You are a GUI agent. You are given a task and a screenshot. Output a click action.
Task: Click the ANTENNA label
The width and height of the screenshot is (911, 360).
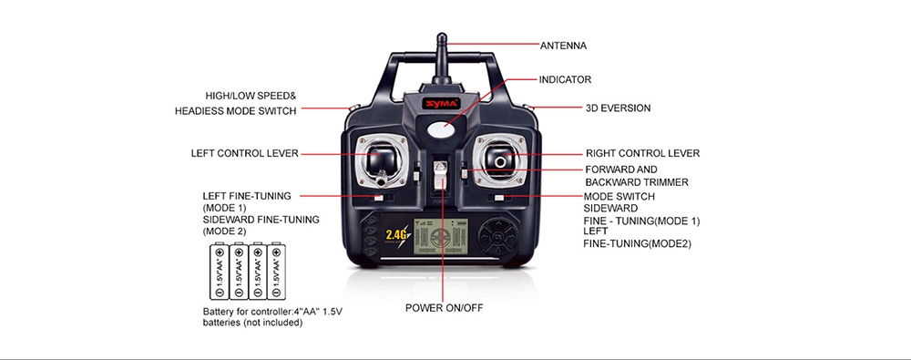click(563, 46)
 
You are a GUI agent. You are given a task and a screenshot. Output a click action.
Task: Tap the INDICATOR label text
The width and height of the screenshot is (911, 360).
click(565, 79)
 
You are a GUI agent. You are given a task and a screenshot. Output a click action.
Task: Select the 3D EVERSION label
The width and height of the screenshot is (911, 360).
click(619, 108)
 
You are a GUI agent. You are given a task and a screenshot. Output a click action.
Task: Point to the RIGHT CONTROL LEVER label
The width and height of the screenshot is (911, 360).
click(642, 153)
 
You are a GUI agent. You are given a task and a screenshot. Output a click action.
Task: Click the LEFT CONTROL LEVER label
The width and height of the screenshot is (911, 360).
click(244, 153)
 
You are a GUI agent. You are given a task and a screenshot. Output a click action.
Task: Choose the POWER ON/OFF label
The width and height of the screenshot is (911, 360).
click(444, 308)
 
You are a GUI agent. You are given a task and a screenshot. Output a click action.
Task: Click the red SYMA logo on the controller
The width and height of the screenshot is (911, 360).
click(441, 104)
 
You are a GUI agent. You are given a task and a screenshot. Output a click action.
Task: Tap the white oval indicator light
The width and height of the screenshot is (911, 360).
click(442, 129)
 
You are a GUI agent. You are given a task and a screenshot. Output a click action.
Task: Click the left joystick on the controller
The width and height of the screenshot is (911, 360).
click(381, 159)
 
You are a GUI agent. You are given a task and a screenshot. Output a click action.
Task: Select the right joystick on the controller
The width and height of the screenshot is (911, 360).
click(499, 159)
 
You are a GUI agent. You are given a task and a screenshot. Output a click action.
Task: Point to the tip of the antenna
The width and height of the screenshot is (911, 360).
click(442, 35)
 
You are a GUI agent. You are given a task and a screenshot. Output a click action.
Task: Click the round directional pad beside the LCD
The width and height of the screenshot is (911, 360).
click(497, 237)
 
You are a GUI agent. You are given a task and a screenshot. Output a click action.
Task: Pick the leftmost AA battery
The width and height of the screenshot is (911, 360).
click(219, 272)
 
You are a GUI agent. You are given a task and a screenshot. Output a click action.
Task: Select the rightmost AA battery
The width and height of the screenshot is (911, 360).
click(277, 272)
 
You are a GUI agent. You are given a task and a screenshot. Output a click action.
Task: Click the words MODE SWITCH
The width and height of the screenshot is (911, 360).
click(619, 197)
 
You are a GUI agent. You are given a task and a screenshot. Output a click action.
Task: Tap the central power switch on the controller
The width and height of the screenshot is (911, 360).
click(441, 174)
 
